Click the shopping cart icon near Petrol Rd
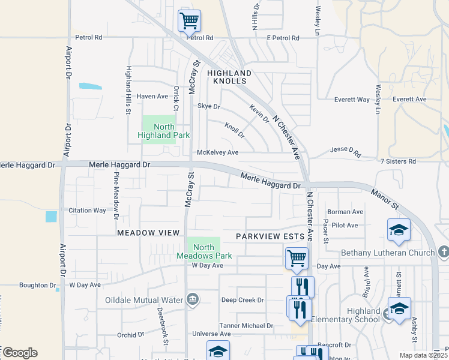[189, 21]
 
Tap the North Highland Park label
[164, 131]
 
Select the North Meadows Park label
[204, 251]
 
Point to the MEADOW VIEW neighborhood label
[148, 232]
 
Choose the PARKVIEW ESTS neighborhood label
[267, 236]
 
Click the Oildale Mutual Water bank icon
[193, 299]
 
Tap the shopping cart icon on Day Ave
[297, 259]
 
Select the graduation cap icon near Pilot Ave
[399, 230]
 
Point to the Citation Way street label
[87, 211]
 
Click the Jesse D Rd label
[346, 152]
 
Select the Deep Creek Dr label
[243, 300]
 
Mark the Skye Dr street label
[209, 106]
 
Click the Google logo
[20, 353]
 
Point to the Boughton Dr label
[37, 286]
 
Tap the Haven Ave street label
[152, 96]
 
